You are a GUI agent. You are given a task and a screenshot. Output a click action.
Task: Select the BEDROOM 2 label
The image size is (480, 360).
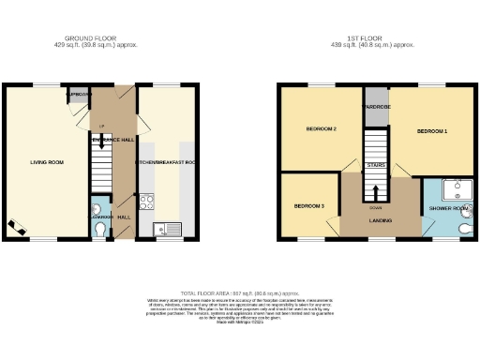tap(322, 128)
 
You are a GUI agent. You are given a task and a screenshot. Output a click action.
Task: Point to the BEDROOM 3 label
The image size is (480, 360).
tap(309, 205)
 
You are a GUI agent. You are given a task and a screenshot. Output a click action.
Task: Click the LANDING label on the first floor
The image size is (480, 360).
tap(380, 221)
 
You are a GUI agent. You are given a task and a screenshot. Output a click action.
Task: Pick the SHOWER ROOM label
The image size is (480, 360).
tap(446, 207)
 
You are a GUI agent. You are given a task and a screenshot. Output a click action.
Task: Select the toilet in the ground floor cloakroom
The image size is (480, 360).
tap(101, 226)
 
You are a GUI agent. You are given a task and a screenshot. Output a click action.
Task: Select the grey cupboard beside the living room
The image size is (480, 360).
tap(79, 97)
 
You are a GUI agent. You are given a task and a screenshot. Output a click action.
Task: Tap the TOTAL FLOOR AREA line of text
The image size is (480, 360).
tap(239, 293)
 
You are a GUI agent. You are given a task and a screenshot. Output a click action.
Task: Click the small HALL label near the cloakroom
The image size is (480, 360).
tap(124, 217)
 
